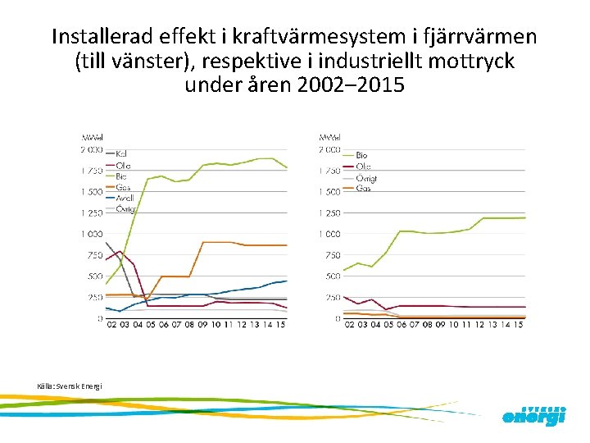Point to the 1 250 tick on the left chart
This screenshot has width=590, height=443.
[91, 212]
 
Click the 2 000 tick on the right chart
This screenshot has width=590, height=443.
[329, 150]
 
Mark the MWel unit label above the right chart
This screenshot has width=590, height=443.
[330, 137]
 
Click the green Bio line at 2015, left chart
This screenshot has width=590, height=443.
[286, 168]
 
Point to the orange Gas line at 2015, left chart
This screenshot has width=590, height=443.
[286, 245]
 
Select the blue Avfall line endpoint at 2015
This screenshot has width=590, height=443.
[286, 281]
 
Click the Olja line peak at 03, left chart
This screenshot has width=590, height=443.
[121, 251]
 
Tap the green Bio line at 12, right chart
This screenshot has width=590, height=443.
[483, 218]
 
